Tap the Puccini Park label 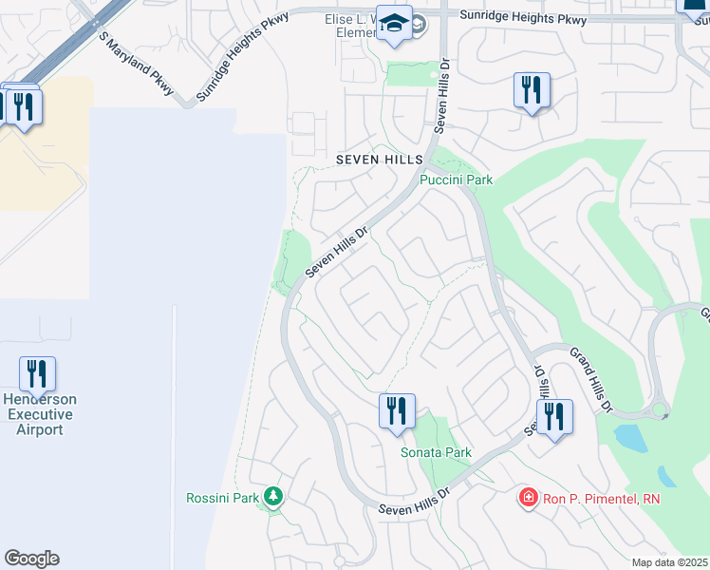456,180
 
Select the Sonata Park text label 436,453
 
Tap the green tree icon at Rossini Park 274,496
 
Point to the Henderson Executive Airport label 39,414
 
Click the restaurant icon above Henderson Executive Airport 37,374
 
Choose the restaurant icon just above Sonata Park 397,410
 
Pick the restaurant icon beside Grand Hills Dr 554,415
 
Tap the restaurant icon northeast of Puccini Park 532,90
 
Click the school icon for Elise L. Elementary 392,24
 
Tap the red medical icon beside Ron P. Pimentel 527,497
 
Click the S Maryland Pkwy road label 137,64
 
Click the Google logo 31,559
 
